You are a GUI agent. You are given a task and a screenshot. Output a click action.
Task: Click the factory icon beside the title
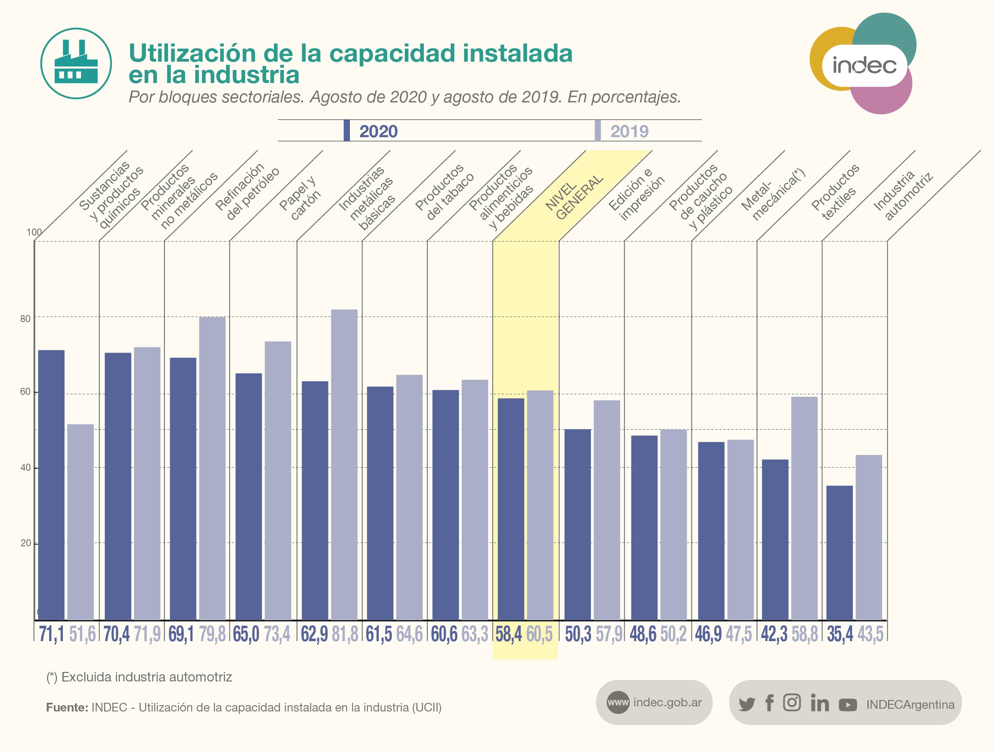point(76,63)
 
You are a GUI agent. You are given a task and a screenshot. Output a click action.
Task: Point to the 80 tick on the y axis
point(25,319)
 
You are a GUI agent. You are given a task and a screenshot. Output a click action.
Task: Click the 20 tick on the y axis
point(26,543)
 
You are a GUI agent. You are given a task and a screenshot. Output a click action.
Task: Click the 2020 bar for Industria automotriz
point(839,552)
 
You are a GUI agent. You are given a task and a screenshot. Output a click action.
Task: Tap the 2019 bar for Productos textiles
point(804,508)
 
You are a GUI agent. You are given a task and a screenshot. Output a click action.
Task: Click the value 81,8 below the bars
point(345,634)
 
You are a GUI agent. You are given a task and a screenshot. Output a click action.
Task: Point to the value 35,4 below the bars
point(839,634)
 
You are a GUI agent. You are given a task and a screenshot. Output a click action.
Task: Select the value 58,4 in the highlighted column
point(509,634)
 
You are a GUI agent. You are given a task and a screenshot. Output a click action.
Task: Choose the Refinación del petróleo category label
point(247,193)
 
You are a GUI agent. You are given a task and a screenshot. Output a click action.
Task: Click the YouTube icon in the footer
point(847,704)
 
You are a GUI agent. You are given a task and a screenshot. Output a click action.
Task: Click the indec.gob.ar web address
point(667,702)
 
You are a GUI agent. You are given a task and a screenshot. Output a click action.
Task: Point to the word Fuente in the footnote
point(67,707)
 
